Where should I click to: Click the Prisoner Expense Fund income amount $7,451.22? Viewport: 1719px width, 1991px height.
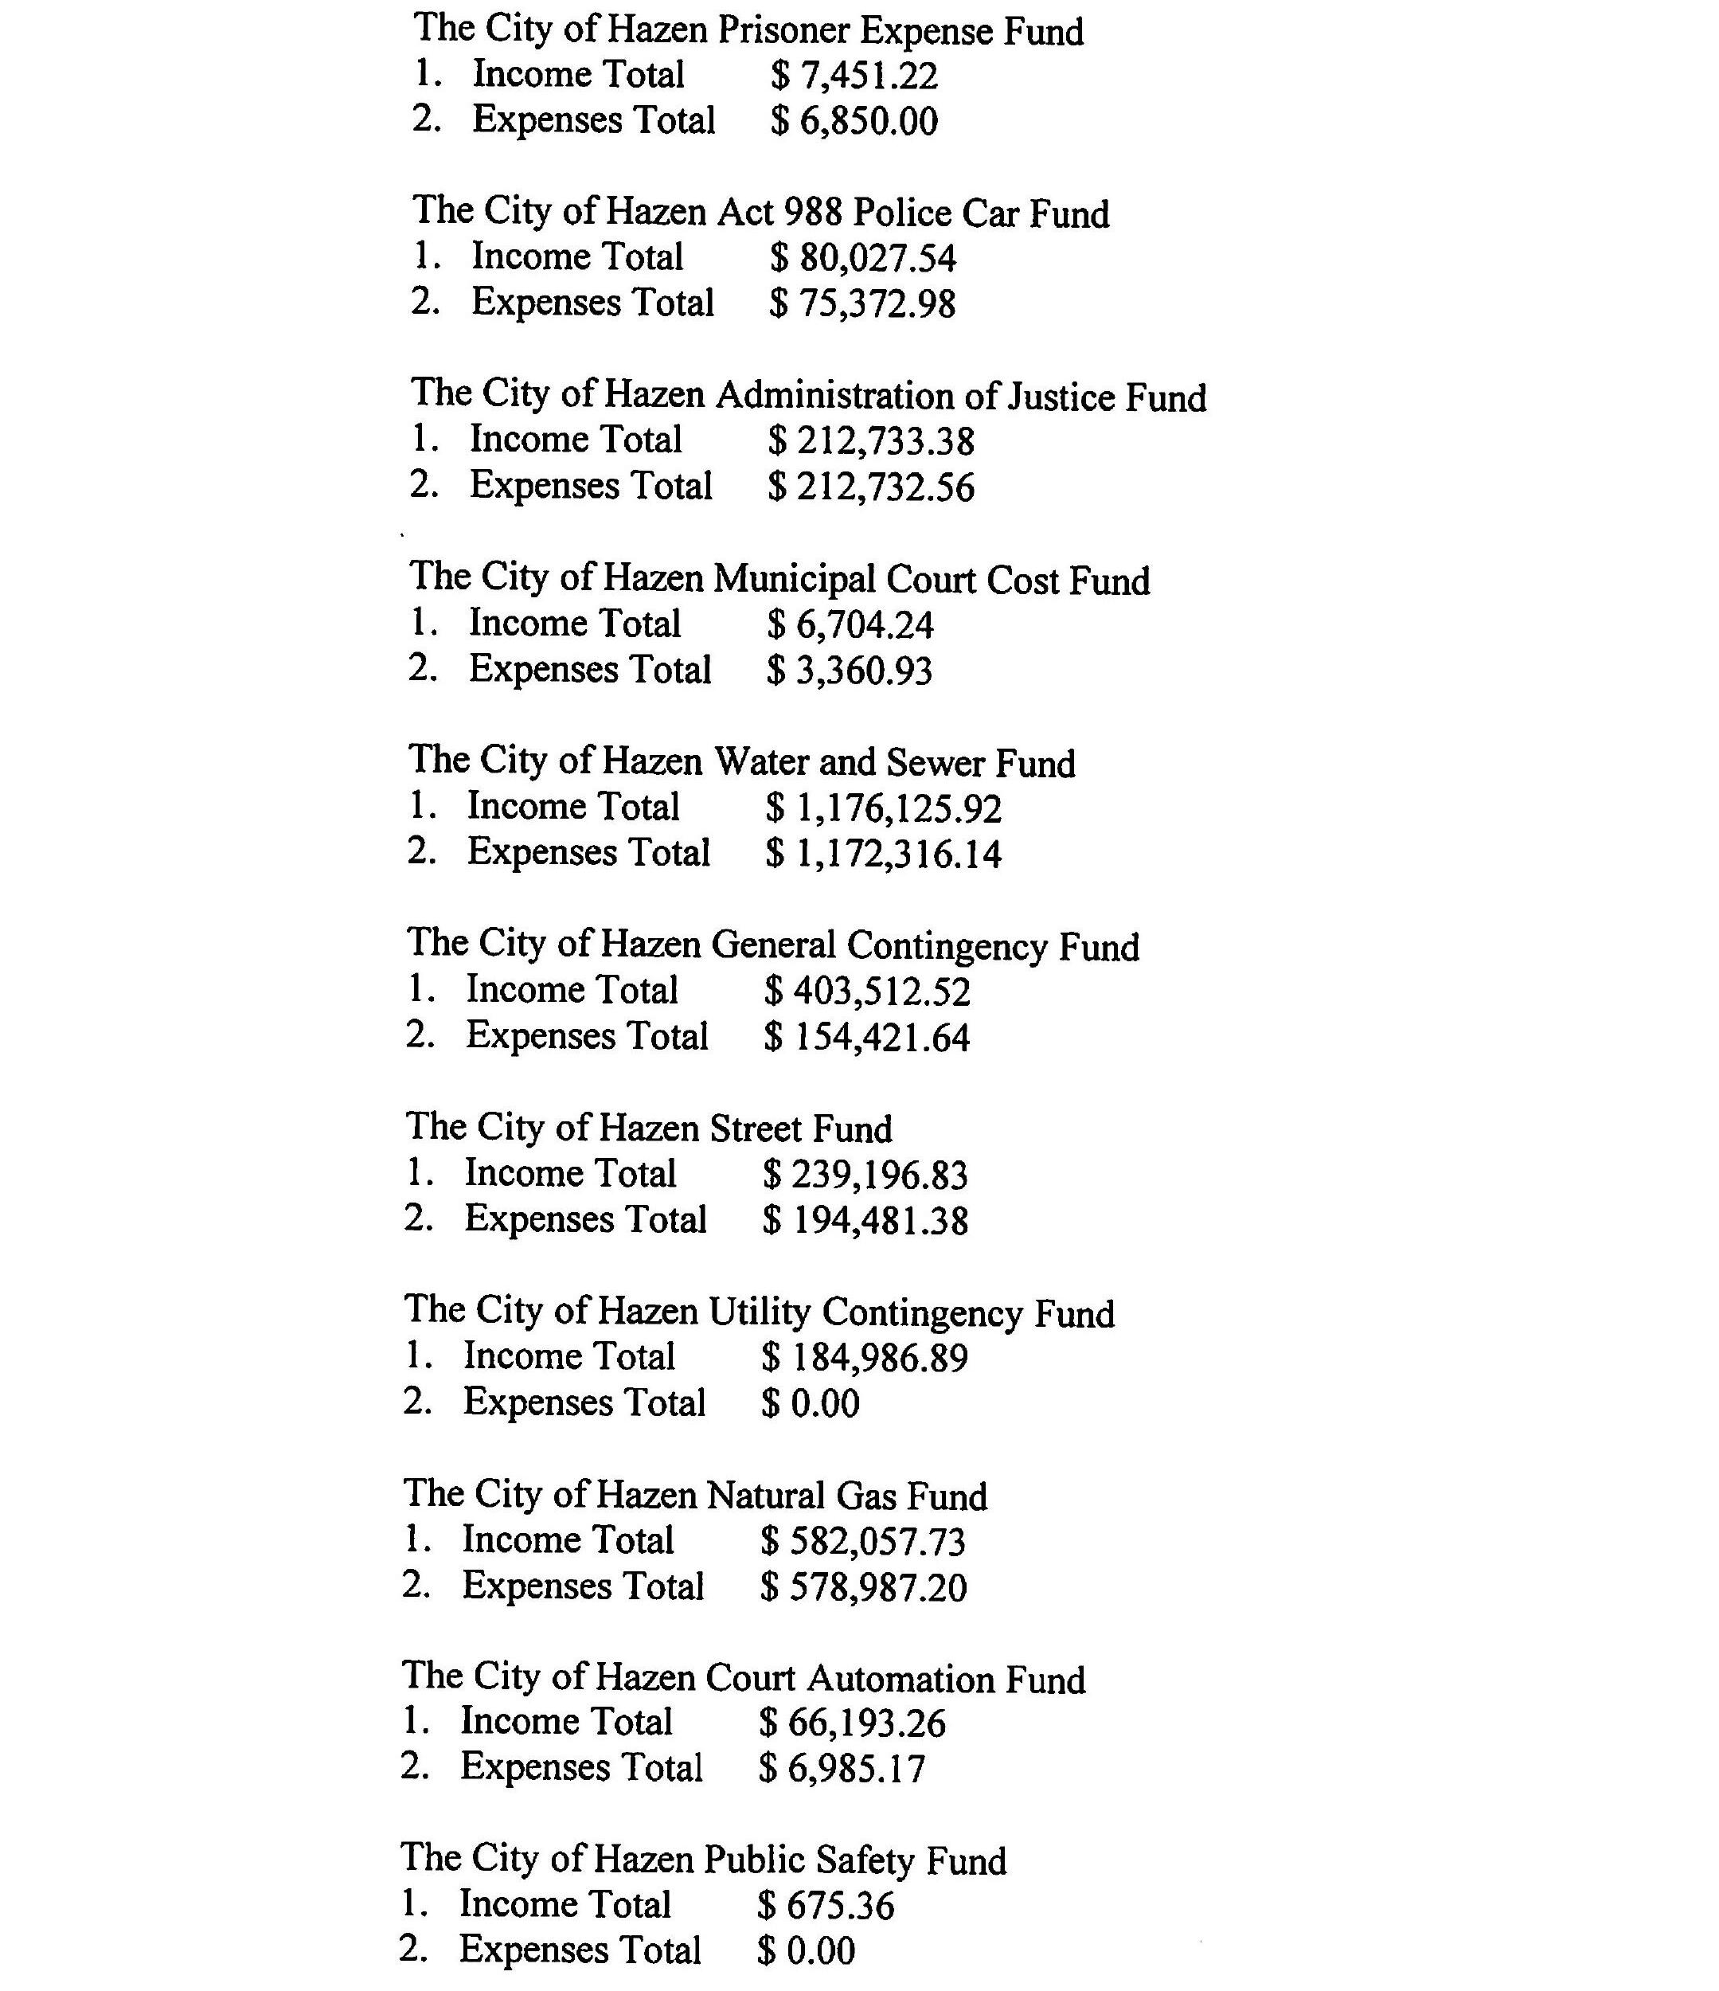pos(854,76)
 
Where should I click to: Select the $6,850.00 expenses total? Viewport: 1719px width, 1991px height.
pos(854,122)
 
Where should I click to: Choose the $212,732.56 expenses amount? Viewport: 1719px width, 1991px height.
pos(870,487)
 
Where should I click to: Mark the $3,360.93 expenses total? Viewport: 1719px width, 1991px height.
pos(850,671)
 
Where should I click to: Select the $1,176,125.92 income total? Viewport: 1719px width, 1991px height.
pos(883,809)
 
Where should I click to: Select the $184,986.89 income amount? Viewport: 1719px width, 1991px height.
pos(865,1358)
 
